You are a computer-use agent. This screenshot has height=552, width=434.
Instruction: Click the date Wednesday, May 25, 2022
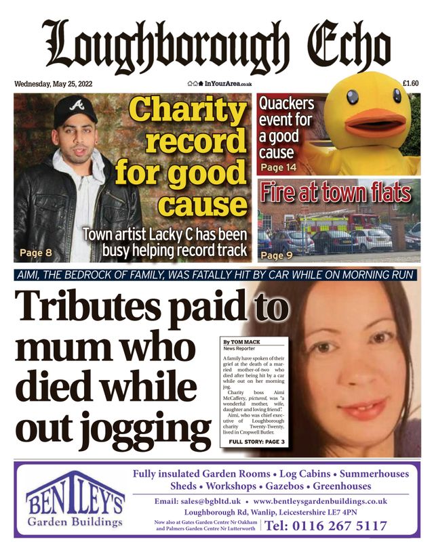pyautogui.click(x=54, y=84)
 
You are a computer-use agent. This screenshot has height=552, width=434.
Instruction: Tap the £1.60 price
pyautogui.click(x=410, y=84)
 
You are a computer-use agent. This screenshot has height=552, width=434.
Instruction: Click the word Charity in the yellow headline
pyautogui.click(x=189, y=110)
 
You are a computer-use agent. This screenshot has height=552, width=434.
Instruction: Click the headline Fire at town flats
pyautogui.click(x=336, y=192)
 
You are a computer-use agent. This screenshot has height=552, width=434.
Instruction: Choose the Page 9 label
pyautogui.click(x=276, y=255)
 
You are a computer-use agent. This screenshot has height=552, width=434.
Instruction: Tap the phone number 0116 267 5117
pyautogui.click(x=325, y=526)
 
